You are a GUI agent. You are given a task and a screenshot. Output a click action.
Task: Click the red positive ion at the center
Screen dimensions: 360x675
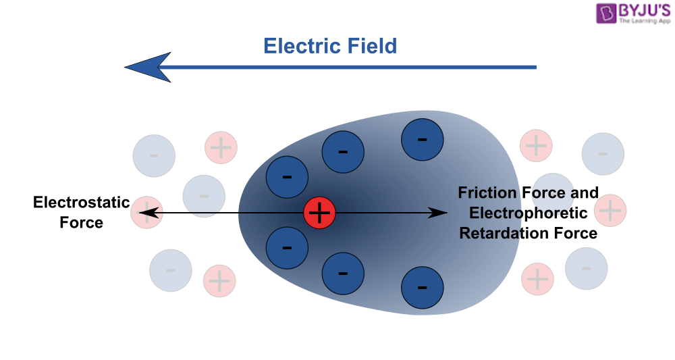click(319, 213)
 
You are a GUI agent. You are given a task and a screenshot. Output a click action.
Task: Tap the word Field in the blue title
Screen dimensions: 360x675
click(371, 46)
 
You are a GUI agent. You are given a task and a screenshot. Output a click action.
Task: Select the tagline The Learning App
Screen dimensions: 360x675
click(645, 22)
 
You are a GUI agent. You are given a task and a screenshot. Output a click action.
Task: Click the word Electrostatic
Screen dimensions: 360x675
click(81, 202)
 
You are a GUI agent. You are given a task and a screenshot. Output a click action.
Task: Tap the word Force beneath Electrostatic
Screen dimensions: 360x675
click(81, 222)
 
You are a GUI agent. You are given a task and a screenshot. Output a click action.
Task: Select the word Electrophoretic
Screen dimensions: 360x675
click(529, 213)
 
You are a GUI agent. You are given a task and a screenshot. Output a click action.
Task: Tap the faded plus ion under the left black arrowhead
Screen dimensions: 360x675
click(144, 213)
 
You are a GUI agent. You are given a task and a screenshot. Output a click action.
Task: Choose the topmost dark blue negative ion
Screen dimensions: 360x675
click(422, 140)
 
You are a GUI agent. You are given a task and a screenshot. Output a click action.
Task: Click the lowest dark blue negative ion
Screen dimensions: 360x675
click(422, 288)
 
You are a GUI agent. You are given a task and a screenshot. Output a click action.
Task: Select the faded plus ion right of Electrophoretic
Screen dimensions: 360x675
click(610, 210)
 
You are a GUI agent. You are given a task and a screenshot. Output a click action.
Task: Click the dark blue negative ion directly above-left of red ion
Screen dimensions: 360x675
click(287, 178)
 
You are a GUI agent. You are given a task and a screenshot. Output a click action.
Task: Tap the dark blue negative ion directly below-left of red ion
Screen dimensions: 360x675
click(287, 247)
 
